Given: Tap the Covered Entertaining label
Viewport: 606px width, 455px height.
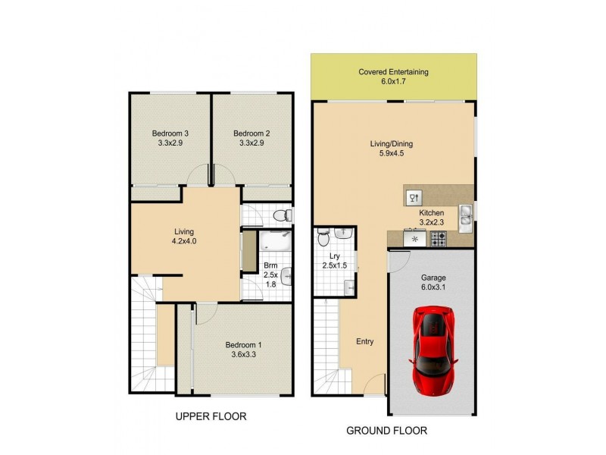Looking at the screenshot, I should pos(393,77).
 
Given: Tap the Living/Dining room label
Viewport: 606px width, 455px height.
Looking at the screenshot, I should pos(391,148).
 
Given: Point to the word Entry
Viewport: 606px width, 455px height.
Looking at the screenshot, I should pos(364,341).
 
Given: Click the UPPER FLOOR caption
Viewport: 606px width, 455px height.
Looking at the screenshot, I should pos(211,417).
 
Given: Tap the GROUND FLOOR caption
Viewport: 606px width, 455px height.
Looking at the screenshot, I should pos(386,431).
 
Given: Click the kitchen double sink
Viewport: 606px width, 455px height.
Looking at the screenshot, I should pos(465,214).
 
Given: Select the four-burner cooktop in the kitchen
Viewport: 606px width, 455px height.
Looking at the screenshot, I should pos(439,239).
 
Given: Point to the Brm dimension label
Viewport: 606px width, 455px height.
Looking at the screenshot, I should pos(270,275).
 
